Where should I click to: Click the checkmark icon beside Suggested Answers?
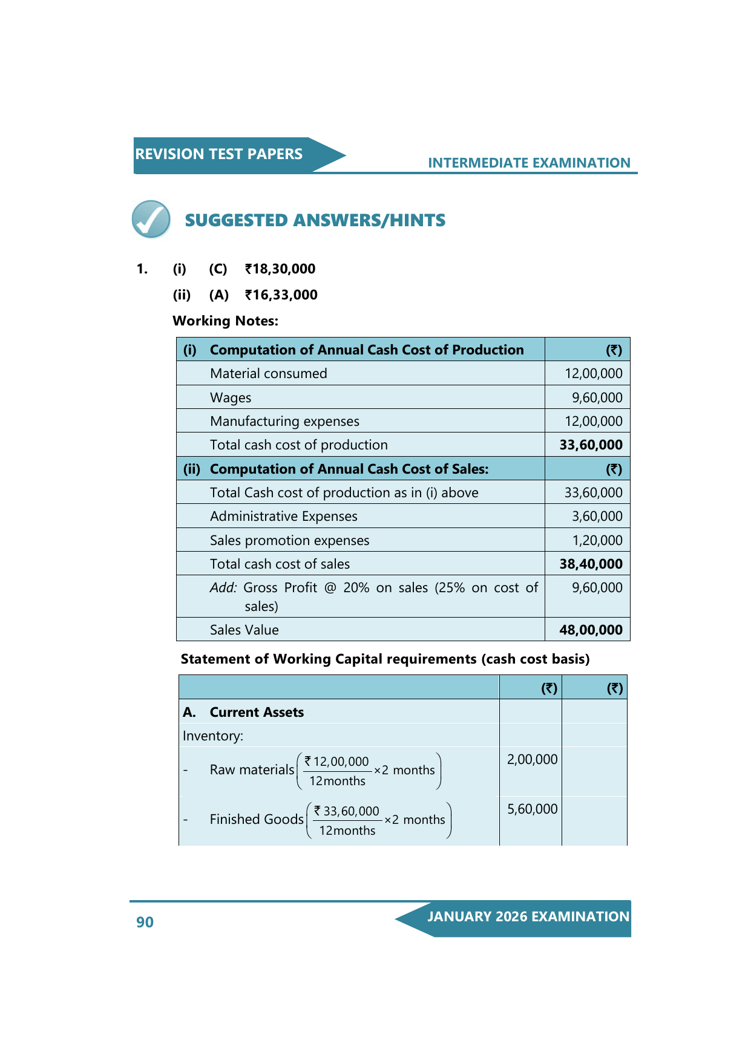coord(151,219)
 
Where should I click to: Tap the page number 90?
coord(145,922)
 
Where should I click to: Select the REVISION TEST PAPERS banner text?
coord(218,154)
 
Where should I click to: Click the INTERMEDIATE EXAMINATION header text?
coord(529,163)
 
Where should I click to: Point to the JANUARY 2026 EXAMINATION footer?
coord(528,916)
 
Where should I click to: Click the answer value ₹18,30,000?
coord(280,269)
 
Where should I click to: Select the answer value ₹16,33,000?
coord(281,295)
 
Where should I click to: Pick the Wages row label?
coord(231,397)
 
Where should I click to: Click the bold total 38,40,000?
coord(591,564)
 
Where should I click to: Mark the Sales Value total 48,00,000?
coord(591,630)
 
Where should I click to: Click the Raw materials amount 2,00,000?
coord(532,759)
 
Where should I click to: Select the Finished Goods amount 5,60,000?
coord(532,809)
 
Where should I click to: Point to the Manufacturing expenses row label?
coord(284,421)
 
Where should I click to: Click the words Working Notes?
coord(225,321)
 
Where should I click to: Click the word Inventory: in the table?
coord(212,736)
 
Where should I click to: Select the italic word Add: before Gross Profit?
coord(223,587)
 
